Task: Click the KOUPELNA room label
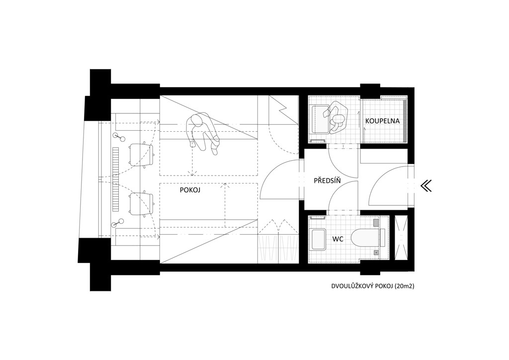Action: coord(382,121)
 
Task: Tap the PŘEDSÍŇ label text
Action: coord(327,180)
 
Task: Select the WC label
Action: coord(338,240)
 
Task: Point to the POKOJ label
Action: coord(190,190)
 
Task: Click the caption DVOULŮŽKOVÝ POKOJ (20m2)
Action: coord(373,286)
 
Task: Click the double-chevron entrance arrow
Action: coord(426,186)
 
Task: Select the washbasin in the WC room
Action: coord(318,240)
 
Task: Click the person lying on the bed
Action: coord(203,133)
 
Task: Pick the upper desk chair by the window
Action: coord(141,155)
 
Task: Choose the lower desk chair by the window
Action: coord(141,204)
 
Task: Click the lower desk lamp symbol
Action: coord(117,223)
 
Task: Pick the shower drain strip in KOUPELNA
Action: coord(405,121)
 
